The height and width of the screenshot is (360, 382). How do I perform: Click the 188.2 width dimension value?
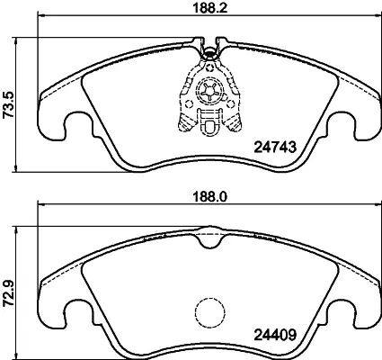[209, 7]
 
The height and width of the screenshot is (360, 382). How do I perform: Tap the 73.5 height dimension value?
[8, 105]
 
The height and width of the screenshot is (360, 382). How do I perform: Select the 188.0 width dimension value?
[209, 197]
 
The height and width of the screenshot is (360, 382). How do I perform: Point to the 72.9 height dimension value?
[8, 293]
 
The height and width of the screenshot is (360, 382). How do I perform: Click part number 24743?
[275, 148]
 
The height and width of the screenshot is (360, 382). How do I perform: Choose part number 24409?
[275, 335]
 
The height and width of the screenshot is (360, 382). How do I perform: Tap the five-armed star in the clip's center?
[209, 91]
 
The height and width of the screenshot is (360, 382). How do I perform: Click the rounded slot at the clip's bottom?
[209, 129]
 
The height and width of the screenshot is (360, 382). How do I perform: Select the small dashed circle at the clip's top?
[209, 67]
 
